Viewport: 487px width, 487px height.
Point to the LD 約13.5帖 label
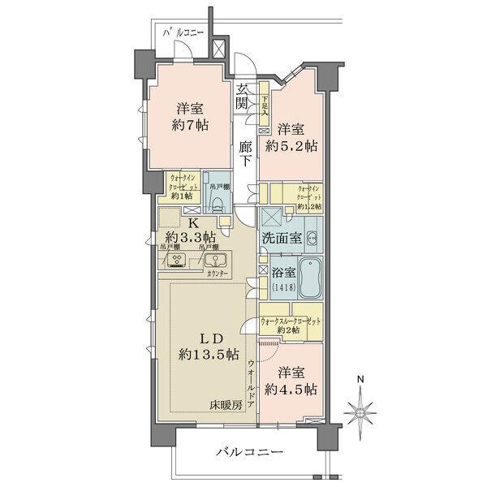pyautogui.click(x=209, y=345)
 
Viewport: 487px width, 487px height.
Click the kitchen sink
pyautogui.click(x=216, y=261)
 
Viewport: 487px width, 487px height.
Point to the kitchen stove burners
pyautogui.click(x=177, y=261)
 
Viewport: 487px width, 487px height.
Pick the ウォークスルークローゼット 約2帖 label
pyautogui.click(x=291, y=325)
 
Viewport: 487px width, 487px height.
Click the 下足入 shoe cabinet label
pyautogui.click(x=265, y=106)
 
